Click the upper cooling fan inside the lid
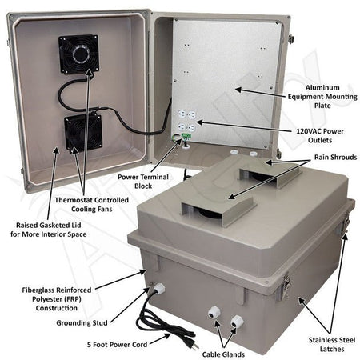[78, 54]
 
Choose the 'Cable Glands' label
[216, 352]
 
